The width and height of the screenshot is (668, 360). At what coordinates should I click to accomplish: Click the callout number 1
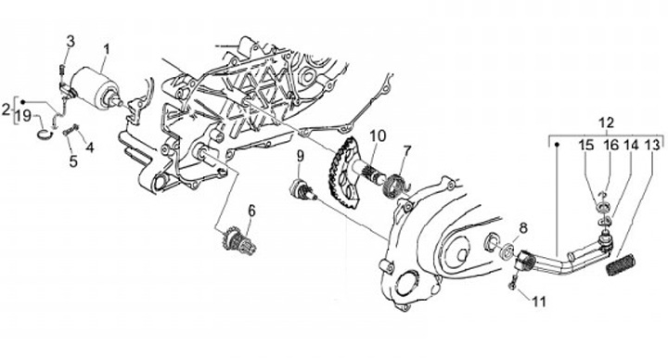click(106, 49)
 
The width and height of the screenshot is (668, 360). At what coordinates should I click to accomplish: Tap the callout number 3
click(71, 42)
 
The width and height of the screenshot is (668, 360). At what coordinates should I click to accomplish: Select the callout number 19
click(24, 116)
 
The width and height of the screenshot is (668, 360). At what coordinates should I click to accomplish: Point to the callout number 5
click(73, 161)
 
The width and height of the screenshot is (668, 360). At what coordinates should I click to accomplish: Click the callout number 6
click(251, 210)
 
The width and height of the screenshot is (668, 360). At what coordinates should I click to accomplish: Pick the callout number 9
click(301, 156)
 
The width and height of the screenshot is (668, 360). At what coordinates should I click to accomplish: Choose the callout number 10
click(378, 135)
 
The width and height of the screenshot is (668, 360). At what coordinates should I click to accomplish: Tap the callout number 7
click(407, 151)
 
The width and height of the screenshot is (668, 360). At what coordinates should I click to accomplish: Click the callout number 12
click(606, 122)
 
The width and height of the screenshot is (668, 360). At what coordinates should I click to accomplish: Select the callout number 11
click(539, 302)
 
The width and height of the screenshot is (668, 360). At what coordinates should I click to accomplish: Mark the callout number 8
click(522, 228)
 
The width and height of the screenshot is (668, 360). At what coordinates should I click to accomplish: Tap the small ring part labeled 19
click(43, 134)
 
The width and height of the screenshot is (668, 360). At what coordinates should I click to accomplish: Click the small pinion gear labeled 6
click(238, 240)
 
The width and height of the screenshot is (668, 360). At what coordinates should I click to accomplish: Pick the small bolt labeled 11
click(513, 283)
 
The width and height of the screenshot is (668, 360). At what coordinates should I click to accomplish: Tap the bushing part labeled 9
click(301, 189)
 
